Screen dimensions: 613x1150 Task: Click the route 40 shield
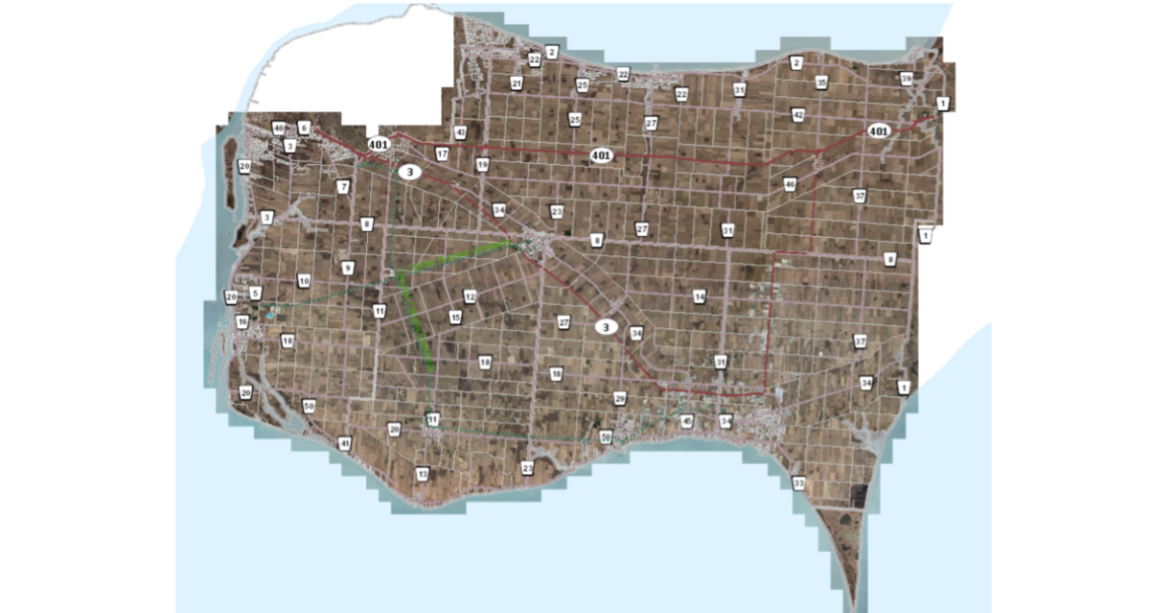278,128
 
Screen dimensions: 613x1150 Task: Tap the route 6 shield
304,128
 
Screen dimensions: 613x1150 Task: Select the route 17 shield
442,153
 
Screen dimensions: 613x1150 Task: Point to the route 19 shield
482,165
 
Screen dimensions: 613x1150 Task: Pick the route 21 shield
517,84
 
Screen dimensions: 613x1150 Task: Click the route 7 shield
343,187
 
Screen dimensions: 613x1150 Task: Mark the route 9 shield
348,269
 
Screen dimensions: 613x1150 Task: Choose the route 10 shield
304,281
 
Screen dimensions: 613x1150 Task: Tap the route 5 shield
255,293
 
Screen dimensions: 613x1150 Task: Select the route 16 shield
242,321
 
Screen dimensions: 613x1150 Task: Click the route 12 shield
470,297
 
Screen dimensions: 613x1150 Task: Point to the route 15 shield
455,318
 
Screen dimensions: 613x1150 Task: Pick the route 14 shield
700,298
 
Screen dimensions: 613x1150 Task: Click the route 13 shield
422,475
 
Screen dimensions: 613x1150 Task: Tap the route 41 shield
345,444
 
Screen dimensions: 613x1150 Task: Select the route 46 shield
790,184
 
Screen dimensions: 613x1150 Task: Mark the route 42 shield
797,115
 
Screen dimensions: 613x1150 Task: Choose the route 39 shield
906,79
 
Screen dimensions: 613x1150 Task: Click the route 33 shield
798,484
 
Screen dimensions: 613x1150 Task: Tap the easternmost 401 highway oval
878,130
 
